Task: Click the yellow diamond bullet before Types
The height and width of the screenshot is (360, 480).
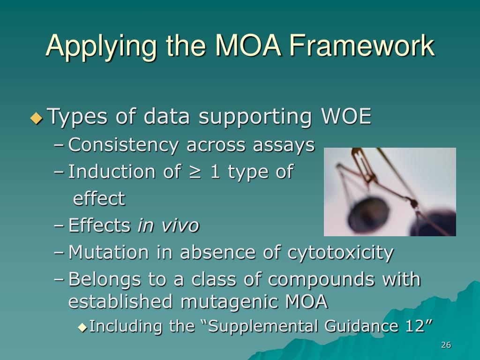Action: point(36,118)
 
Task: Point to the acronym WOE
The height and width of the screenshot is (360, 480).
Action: point(346,117)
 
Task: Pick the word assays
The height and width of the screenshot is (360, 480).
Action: point(284,145)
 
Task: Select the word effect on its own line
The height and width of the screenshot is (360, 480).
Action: point(99,199)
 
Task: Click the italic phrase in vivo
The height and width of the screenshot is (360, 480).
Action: point(168,226)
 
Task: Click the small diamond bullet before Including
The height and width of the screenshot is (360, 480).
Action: point(82,327)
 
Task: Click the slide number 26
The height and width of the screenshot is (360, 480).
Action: point(446,345)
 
